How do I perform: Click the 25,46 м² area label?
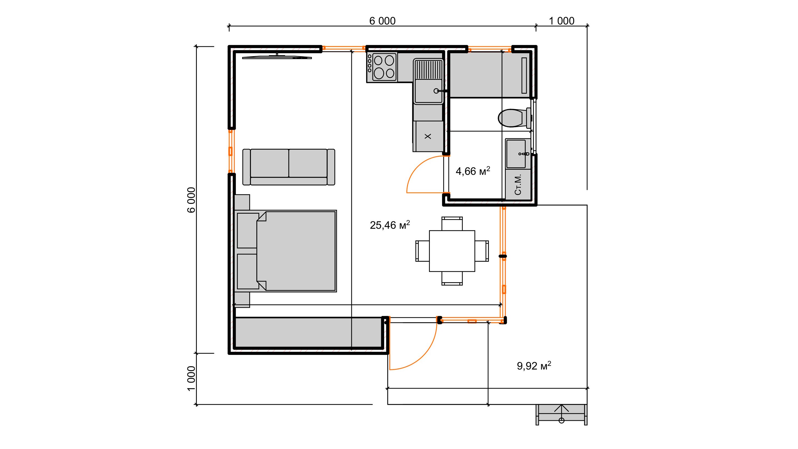point(390,225)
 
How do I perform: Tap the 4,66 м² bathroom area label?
point(473,171)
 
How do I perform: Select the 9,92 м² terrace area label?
point(534,366)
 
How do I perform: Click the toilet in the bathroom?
point(514,118)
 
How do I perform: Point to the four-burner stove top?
point(384,67)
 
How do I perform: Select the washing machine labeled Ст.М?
point(518,184)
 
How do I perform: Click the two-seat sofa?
point(289,167)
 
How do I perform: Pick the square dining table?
point(452,251)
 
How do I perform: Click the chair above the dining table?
point(452,223)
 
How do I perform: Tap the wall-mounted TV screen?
point(277,57)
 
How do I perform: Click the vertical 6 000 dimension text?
point(192,200)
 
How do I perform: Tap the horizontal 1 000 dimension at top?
point(562,21)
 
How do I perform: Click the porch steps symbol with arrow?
point(561,414)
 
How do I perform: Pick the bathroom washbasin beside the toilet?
point(518,154)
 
